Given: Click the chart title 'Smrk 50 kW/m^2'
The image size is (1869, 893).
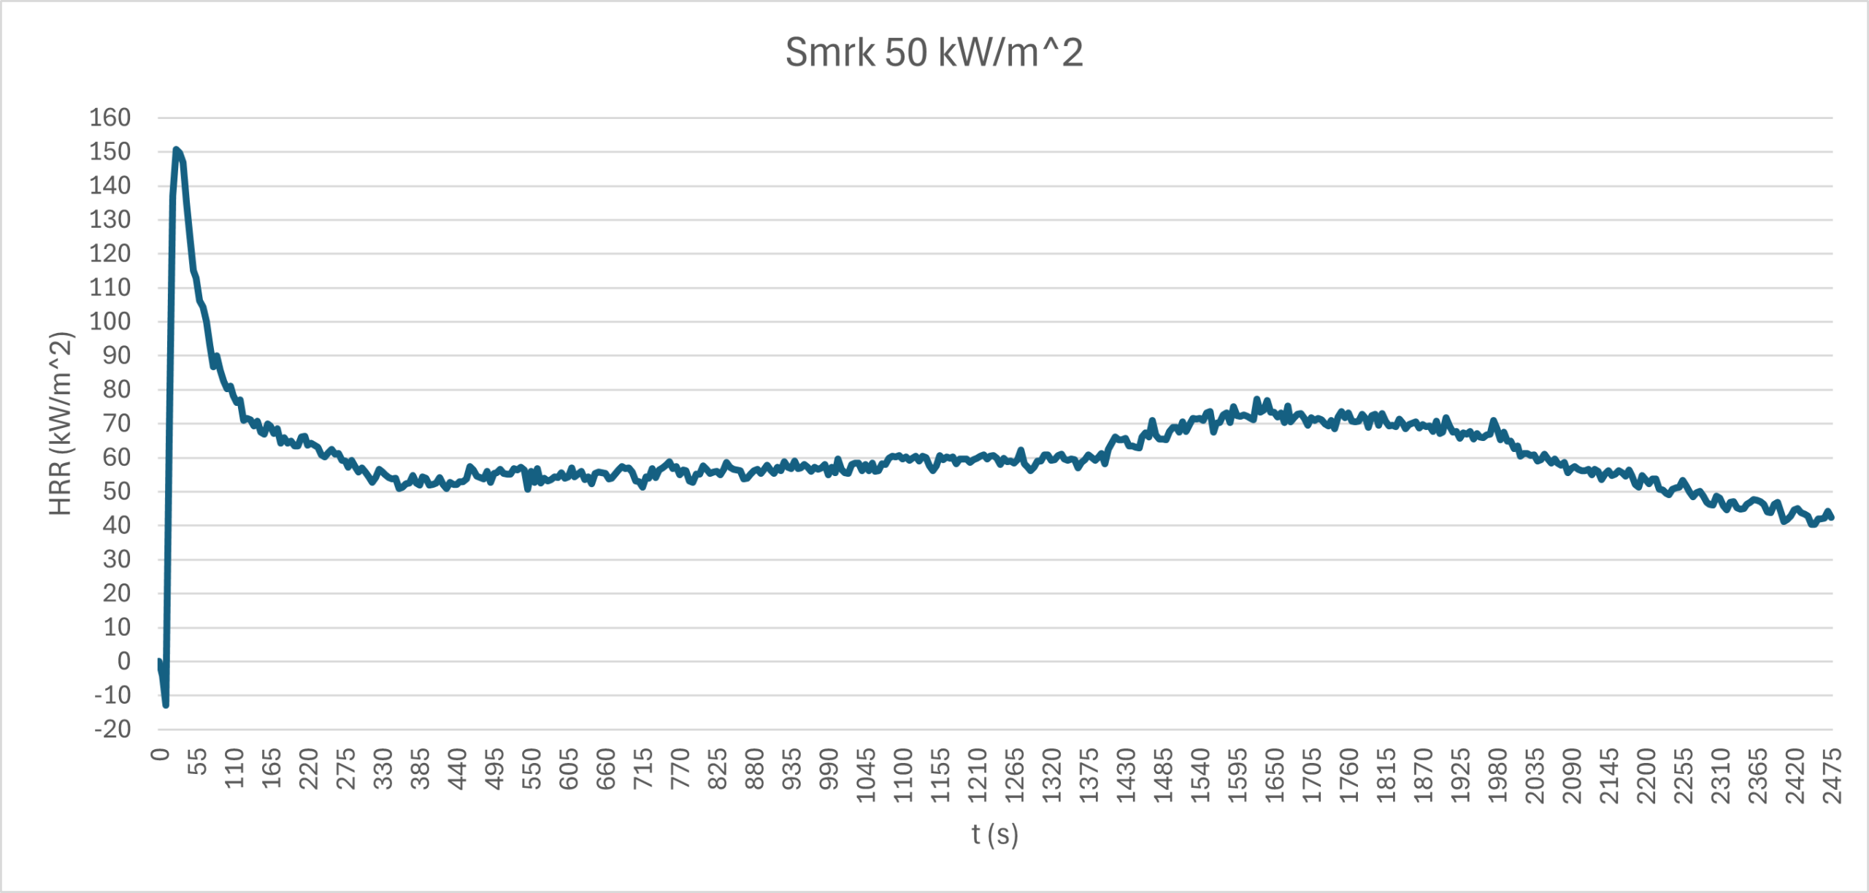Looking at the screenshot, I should tap(934, 53).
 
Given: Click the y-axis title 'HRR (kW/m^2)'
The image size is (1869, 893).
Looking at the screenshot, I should tap(61, 423).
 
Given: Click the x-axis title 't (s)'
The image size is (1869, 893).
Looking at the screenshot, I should tap(994, 834).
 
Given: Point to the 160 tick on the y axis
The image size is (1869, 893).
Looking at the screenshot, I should tap(110, 118).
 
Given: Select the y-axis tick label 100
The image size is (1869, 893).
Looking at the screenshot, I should tap(110, 321).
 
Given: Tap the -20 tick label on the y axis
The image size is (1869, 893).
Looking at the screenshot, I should tap(113, 729).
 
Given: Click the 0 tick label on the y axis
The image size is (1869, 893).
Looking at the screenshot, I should tap(124, 661).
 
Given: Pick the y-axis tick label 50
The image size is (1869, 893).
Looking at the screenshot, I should tap(116, 491).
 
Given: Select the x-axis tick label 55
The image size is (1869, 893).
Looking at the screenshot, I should tap(197, 761).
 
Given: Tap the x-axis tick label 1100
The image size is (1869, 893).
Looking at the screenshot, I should tap(903, 775).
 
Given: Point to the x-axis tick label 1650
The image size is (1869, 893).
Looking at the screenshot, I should tap(1275, 775).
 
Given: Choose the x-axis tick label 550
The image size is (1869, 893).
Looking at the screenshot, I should tap(531, 768).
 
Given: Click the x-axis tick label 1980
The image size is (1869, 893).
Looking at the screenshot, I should tap(1497, 775).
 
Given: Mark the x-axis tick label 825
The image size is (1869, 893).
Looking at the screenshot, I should tap(718, 768).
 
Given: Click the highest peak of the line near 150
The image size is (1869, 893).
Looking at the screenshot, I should tap(176, 150).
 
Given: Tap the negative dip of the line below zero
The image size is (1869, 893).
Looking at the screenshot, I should tap(166, 705).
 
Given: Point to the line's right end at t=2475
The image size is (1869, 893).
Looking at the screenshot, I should tap(1832, 517).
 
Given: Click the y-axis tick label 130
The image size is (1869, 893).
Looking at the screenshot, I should tap(110, 220).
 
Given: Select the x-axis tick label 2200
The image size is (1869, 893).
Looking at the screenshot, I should tap(1646, 775).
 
